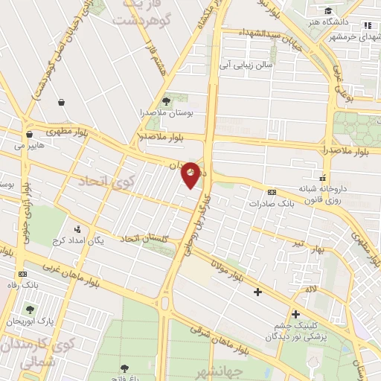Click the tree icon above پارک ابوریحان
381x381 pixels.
coord(30,309)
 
